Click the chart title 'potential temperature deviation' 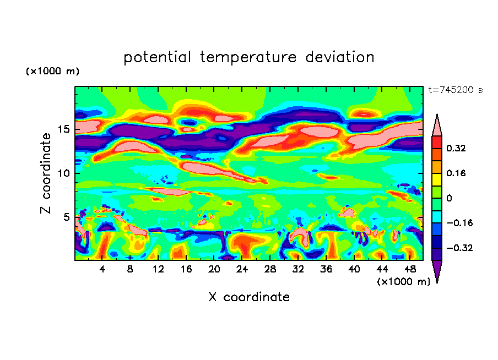(x=248, y=57)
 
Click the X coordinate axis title (x=249, y=297)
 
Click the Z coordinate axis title (x=46, y=173)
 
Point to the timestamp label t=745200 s (x=455, y=90)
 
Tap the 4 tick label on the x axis (x=102, y=269)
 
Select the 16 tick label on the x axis (x=186, y=269)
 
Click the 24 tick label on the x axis (x=242, y=269)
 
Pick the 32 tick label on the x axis (x=298, y=269)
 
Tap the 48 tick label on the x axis (x=409, y=269)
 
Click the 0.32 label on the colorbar (x=456, y=148)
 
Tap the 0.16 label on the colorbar (x=456, y=173)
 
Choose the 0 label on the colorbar (x=450, y=198)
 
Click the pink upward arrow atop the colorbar (x=437, y=125)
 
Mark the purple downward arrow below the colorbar (x=437, y=271)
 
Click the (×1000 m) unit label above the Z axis (x=52, y=72)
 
